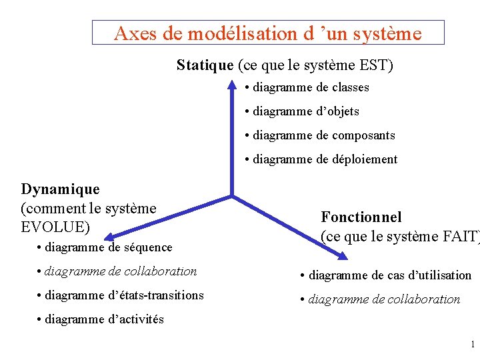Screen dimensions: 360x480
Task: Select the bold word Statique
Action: point(205,65)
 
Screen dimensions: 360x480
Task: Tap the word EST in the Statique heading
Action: point(373,65)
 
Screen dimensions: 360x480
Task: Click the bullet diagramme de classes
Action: point(307,87)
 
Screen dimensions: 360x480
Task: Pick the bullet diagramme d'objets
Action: point(302,111)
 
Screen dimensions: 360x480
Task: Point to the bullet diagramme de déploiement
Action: point(321,159)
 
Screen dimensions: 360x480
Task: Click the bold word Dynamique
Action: point(61,190)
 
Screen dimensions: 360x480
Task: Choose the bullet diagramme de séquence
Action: point(105,248)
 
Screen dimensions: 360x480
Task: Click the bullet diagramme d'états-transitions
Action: point(121,295)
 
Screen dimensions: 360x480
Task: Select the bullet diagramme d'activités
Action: point(101,319)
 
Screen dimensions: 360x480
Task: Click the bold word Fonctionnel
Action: point(361,217)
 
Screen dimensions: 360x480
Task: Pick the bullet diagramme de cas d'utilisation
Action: point(386,275)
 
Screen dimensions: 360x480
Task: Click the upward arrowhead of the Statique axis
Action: point(231,86)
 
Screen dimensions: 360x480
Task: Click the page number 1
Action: point(472,345)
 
